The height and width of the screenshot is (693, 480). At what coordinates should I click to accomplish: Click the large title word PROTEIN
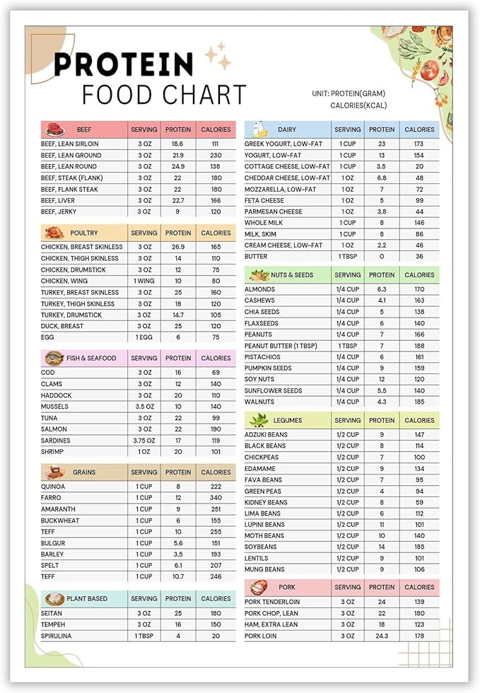tap(123, 64)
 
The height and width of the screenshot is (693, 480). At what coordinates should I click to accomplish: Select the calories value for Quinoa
tap(216, 487)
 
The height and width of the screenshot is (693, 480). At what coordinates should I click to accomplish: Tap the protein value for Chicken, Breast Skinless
tap(178, 247)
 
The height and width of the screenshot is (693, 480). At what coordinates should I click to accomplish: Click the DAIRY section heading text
tap(287, 129)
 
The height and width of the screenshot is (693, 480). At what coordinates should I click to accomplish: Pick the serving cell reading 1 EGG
tap(144, 337)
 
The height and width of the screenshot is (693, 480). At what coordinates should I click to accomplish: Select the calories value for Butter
tap(419, 257)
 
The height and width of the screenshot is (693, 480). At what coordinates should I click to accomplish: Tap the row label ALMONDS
tap(259, 289)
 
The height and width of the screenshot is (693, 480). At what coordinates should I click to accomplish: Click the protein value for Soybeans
tap(382, 547)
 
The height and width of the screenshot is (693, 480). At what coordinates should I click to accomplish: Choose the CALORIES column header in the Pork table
tap(419, 587)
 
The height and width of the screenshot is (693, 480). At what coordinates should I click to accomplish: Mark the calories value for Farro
tap(216, 498)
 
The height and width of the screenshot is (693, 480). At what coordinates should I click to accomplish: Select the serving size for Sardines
tap(144, 441)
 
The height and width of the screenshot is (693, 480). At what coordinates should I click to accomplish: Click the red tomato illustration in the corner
tap(429, 70)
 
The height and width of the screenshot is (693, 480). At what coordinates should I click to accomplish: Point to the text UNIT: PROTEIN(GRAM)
tap(349, 93)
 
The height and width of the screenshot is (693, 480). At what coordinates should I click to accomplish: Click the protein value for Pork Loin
tap(382, 636)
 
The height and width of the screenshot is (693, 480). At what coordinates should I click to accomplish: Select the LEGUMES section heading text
tap(289, 420)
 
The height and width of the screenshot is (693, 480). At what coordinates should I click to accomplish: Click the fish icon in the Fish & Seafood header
tap(54, 359)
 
